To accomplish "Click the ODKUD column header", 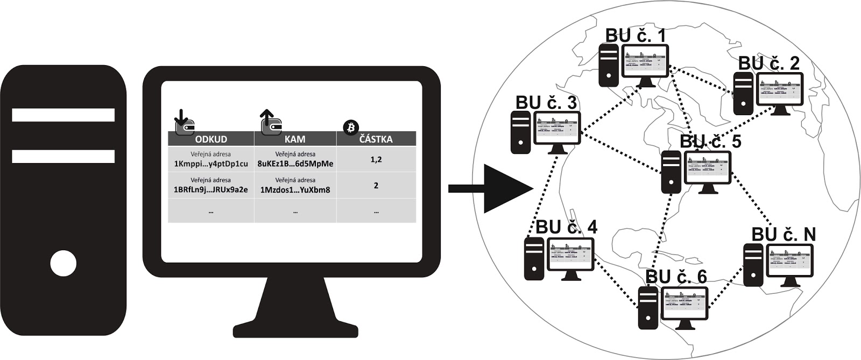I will (x=211, y=139).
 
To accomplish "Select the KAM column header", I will (x=295, y=139).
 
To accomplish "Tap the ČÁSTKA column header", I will (x=376, y=139).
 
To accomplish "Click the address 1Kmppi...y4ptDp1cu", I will (x=211, y=164).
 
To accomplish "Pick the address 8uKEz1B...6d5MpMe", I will (x=295, y=164).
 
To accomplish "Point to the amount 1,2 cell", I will (x=376, y=160).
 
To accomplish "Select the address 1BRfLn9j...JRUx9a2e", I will (x=211, y=189).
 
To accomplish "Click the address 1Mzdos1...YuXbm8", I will (x=295, y=189).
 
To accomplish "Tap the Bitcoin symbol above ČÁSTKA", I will (x=351, y=128).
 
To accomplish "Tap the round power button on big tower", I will (x=63, y=264).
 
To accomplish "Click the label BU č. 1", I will (x=636, y=36).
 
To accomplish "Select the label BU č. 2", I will (x=769, y=63).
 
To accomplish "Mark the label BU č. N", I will (x=784, y=235).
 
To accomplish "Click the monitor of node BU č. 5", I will (x=708, y=169).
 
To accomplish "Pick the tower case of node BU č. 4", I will (x=534, y=258).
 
